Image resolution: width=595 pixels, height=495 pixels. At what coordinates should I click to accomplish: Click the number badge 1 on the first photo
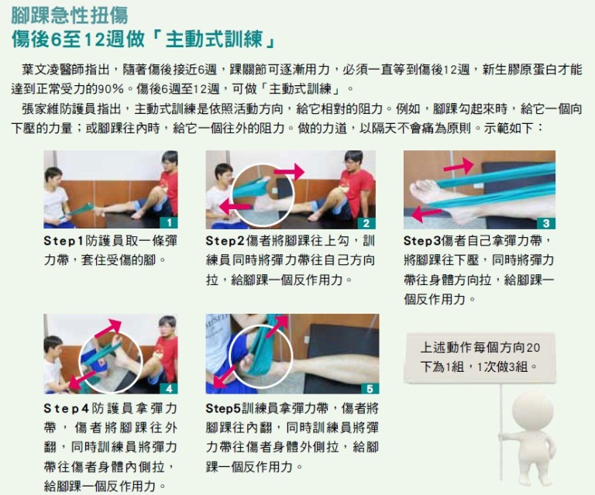pyautogui.click(x=169, y=222)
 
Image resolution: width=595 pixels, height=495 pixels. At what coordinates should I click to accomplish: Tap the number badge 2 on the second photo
pyautogui.click(x=366, y=223)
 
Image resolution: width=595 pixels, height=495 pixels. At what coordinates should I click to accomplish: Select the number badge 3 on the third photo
pyautogui.click(x=546, y=223)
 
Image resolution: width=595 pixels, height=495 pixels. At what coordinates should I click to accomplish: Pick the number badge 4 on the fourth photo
pyautogui.click(x=169, y=388)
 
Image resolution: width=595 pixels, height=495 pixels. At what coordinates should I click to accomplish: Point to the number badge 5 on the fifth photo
pyautogui.click(x=370, y=388)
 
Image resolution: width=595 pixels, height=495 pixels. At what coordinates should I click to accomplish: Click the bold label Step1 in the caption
pyautogui.click(x=64, y=241)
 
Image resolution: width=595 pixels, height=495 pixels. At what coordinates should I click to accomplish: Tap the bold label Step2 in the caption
pyautogui.click(x=225, y=241)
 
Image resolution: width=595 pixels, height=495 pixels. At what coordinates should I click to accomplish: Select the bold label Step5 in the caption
pyautogui.click(x=223, y=408)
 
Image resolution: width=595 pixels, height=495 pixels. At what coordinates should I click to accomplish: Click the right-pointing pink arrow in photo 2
pyautogui.click(x=289, y=172)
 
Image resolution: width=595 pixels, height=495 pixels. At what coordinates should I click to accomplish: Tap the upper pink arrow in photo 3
pyautogui.click(x=459, y=166)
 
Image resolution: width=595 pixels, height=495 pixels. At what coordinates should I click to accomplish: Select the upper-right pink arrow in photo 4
pyautogui.click(x=108, y=328)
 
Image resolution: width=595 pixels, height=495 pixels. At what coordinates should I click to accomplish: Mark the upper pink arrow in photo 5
pyautogui.click(x=277, y=326)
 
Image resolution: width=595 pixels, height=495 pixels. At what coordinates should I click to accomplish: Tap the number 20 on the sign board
pyautogui.click(x=533, y=348)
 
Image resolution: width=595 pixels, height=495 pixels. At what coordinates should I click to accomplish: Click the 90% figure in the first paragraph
pyautogui.click(x=112, y=89)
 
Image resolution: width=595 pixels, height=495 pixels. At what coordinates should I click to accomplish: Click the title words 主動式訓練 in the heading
pyautogui.click(x=215, y=39)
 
